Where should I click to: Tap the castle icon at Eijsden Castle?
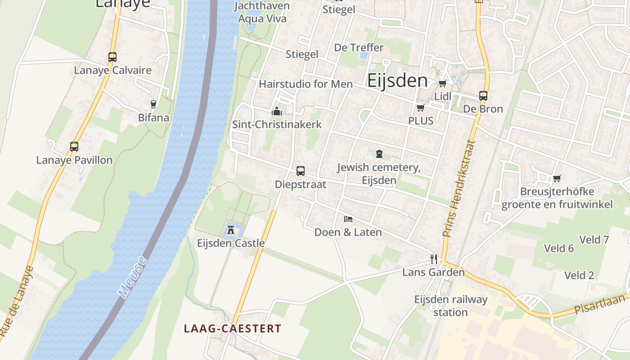click(231, 230)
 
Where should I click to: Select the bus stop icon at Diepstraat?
click(300, 171)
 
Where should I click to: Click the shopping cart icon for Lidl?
click(442, 83)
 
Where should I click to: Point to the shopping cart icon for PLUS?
click(420, 108)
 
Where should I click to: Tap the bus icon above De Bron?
click(483, 95)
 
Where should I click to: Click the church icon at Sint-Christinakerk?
click(277, 111)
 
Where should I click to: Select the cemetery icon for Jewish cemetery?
click(379, 154)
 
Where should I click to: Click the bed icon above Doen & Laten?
click(348, 219)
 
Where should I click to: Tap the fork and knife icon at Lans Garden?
click(433, 259)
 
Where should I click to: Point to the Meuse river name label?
click(133, 277)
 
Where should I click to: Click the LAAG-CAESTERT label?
click(232, 328)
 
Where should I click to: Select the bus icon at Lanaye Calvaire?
click(112, 57)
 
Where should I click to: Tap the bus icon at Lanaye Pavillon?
click(74, 147)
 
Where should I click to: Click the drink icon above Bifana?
click(153, 104)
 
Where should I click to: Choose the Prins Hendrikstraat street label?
click(459, 188)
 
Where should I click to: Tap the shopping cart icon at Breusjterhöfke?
click(557, 178)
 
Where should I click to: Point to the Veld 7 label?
click(594, 239)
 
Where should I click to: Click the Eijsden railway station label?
click(450, 306)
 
